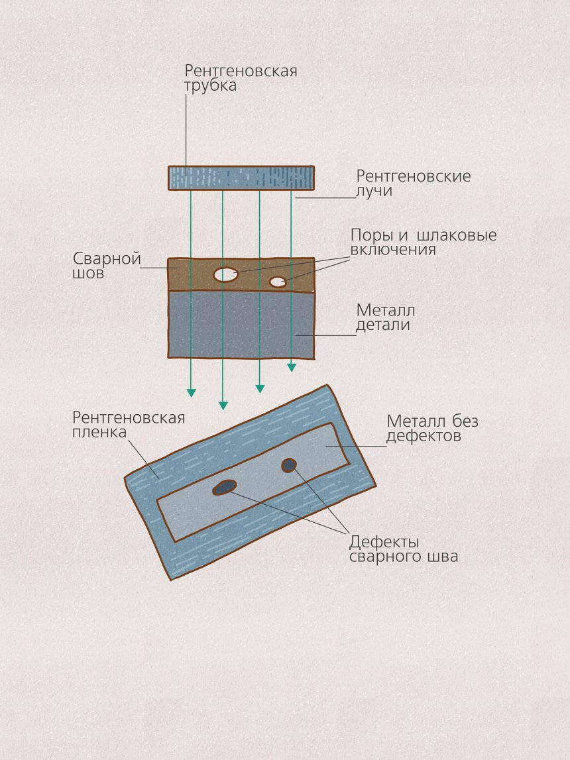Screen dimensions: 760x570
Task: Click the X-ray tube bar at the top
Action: (x=241, y=178)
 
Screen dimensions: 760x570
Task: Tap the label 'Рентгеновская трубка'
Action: (x=241, y=78)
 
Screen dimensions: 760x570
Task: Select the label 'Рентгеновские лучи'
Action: (x=413, y=183)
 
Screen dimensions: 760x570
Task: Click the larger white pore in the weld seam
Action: (x=226, y=274)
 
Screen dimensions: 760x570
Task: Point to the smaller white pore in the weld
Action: (x=278, y=282)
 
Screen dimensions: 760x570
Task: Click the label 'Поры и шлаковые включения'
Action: (x=423, y=242)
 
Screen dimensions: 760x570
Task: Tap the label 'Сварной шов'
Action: (x=106, y=265)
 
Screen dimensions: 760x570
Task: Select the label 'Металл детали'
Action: (x=386, y=317)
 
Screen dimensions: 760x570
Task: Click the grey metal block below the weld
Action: (x=241, y=325)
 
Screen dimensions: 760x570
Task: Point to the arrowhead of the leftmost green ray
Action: (x=192, y=393)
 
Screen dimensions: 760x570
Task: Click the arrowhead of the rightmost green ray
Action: (x=292, y=367)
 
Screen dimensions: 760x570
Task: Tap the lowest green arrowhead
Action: (x=223, y=406)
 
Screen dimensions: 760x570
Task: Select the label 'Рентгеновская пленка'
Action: (x=128, y=425)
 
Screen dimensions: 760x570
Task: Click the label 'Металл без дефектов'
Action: (x=432, y=428)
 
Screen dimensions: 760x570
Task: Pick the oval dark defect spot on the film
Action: (x=225, y=487)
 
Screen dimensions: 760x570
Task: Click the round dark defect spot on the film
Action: (x=288, y=465)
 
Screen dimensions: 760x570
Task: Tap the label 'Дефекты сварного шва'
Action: (x=403, y=549)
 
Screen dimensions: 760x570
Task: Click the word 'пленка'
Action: (x=99, y=433)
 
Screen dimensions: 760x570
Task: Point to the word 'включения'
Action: (x=393, y=250)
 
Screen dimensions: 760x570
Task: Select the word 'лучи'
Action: (x=374, y=191)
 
